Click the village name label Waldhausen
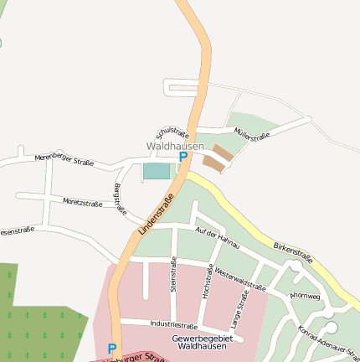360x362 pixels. click(175, 146)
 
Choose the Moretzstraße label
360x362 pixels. click(82, 203)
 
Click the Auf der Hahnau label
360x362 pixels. click(217, 238)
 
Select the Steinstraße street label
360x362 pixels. click(173, 274)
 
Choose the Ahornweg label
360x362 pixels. click(304, 295)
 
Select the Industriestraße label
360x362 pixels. click(173, 325)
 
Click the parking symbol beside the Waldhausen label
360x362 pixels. click(183, 157)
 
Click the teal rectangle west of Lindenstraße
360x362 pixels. click(157, 171)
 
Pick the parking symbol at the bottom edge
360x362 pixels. click(112, 348)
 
